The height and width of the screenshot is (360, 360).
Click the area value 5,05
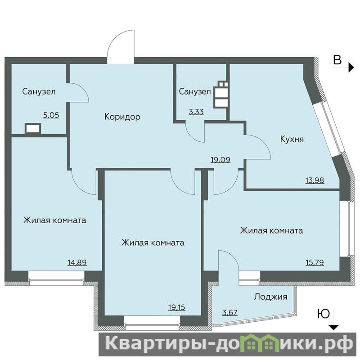coord(51,115)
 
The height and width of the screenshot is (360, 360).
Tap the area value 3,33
coord(196,112)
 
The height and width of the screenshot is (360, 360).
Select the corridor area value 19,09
coord(220,160)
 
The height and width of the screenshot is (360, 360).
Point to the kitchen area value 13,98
coord(315,180)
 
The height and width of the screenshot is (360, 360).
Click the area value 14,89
coord(77,262)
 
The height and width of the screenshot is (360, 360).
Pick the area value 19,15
coord(177,307)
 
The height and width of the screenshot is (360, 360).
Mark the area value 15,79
coord(315,262)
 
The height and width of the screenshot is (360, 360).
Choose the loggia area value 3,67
coord(230,312)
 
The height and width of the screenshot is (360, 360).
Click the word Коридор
coord(122,117)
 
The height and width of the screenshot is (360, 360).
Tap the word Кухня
coord(292,139)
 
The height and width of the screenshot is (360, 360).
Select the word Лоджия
coord(271,297)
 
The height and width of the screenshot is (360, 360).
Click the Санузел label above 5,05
coord(39,92)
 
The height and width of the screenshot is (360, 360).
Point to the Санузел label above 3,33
coord(195,92)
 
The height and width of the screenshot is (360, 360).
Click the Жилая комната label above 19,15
coord(153,243)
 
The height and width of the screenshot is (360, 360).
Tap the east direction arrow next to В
coord(351,67)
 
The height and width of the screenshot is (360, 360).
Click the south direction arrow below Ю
coord(334,328)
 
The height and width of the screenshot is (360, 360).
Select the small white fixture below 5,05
coord(33,129)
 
